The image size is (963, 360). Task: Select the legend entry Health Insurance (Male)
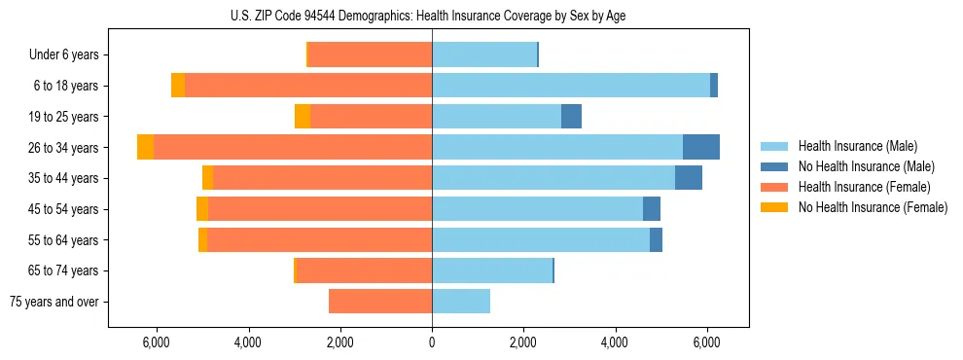click(x=851, y=146)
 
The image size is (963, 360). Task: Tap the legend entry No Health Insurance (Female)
click(x=873, y=207)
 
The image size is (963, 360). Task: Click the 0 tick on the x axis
click(x=432, y=342)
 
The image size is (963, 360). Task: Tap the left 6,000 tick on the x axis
click(x=157, y=342)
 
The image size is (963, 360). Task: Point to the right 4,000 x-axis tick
click(x=615, y=342)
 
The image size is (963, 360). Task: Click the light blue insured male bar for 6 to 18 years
click(x=571, y=86)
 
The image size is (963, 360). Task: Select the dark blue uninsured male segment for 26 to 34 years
click(x=701, y=147)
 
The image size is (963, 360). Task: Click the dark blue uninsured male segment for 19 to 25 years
click(x=571, y=117)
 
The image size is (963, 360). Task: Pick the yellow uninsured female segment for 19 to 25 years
click(x=303, y=117)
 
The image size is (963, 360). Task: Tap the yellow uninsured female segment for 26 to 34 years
click(x=145, y=147)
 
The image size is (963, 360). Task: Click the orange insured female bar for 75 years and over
click(x=380, y=302)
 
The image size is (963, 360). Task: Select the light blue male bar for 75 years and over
click(x=461, y=302)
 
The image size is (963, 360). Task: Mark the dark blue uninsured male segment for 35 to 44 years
click(x=689, y=178)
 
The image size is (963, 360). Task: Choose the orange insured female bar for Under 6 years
click(x=370, y=55)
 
